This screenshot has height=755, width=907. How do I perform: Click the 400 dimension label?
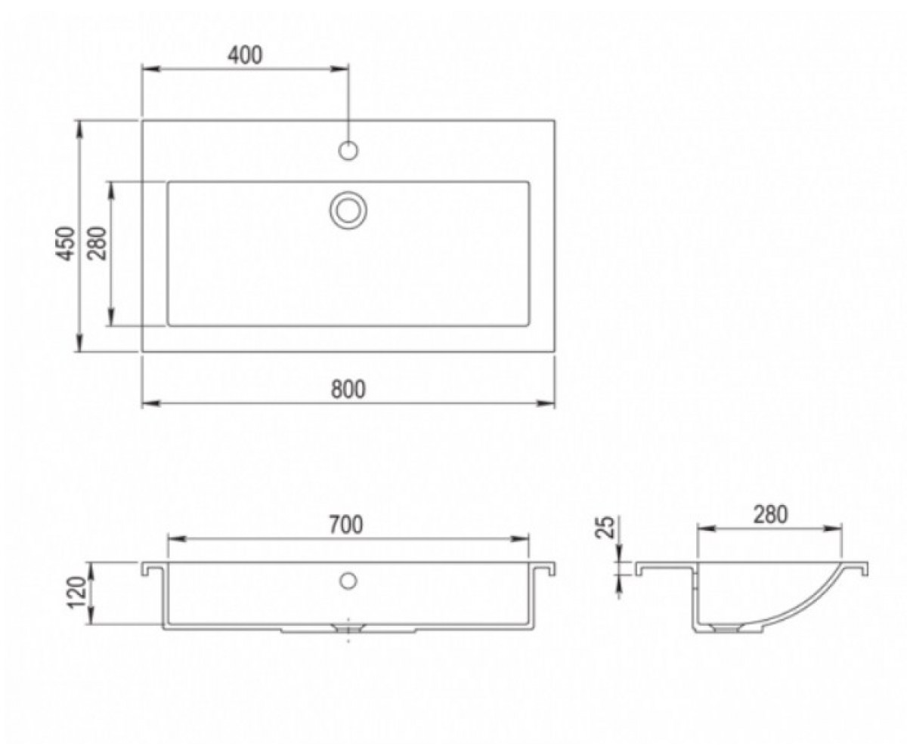(x=246, y=56)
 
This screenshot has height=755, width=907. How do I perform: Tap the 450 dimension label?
(x=66, y=243)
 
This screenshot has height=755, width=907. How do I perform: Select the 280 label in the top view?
(x=98, y=243)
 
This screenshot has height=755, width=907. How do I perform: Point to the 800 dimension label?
(x=348, y=390)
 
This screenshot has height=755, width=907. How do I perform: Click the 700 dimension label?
(x=345, y=525)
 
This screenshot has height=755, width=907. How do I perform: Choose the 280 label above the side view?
(x=770, y=515)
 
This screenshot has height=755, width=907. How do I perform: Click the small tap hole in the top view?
(x=348, y=150)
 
